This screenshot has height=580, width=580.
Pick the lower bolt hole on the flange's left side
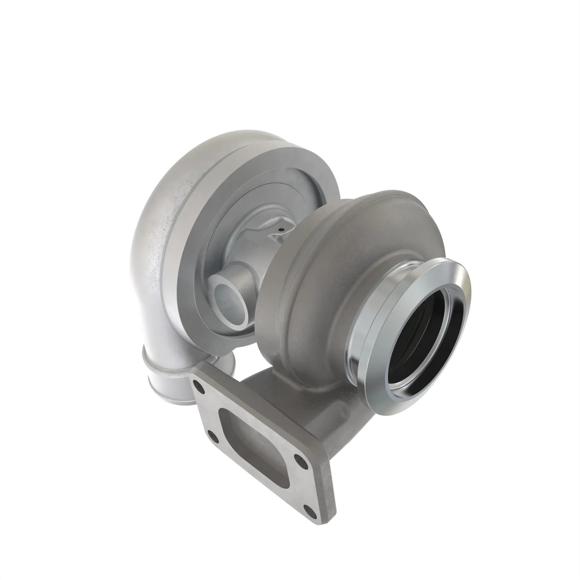(212, 434)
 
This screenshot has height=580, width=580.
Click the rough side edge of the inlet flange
(329, 480)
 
